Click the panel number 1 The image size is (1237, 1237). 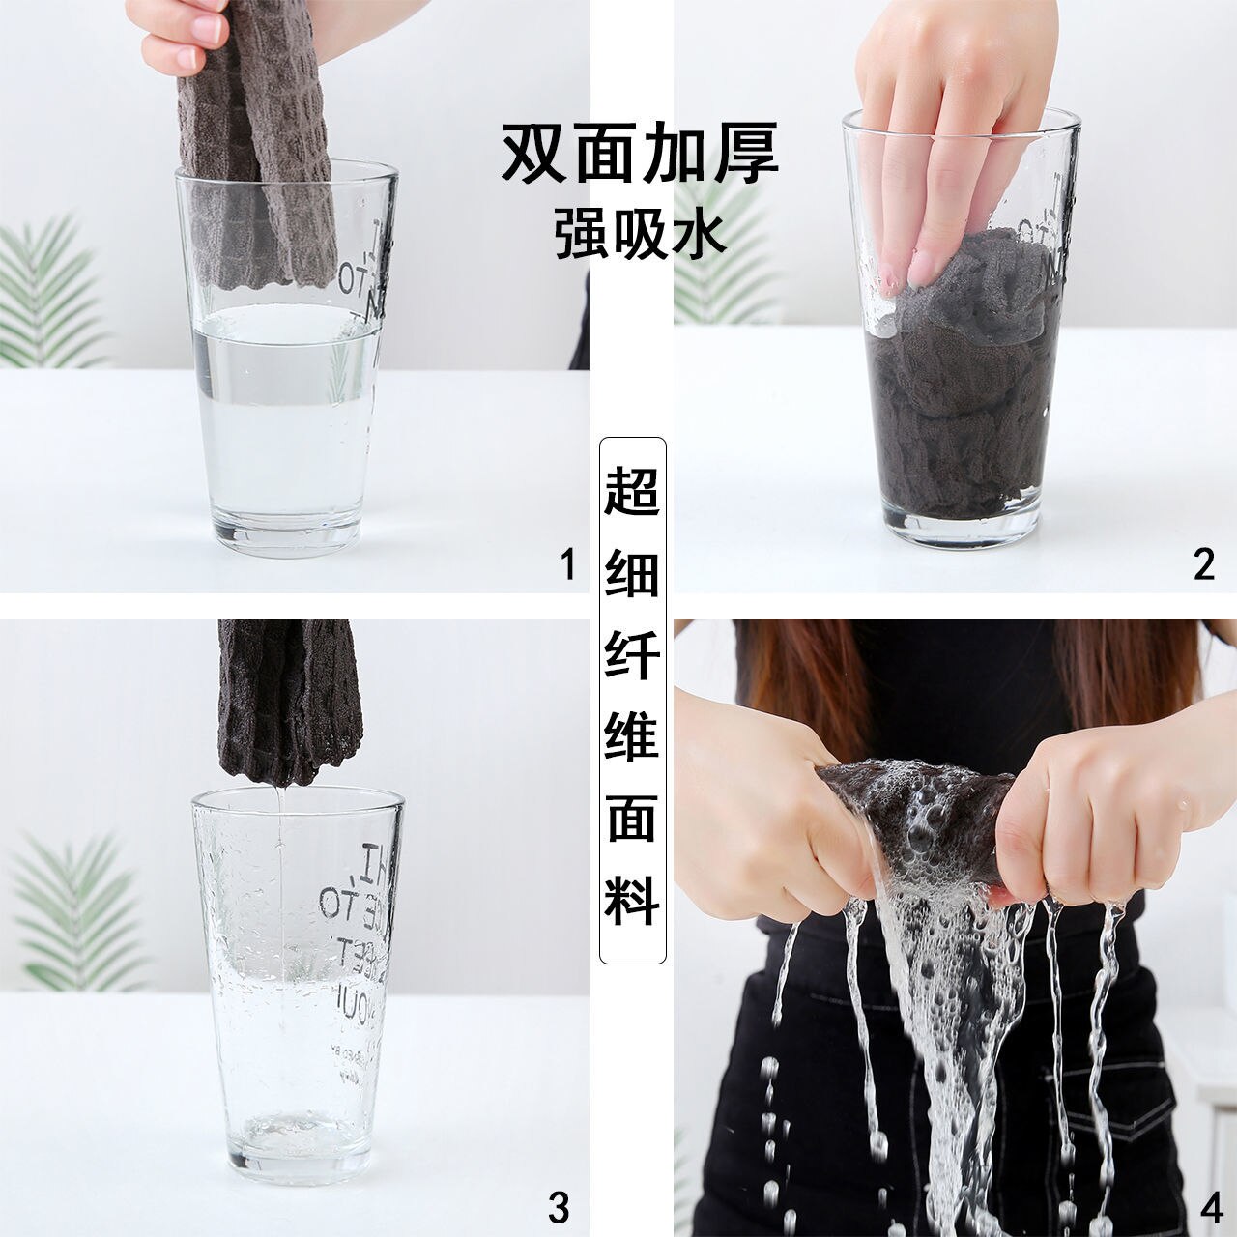[x=568, y=563]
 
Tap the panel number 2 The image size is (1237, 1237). [x=1203, y=563]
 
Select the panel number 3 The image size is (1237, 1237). [x=559, y=1207]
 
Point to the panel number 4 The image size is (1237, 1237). [x=1204, y=1207]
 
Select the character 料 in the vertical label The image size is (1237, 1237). [x=633, y=899]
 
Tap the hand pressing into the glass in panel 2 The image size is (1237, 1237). [x=928, y=145]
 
